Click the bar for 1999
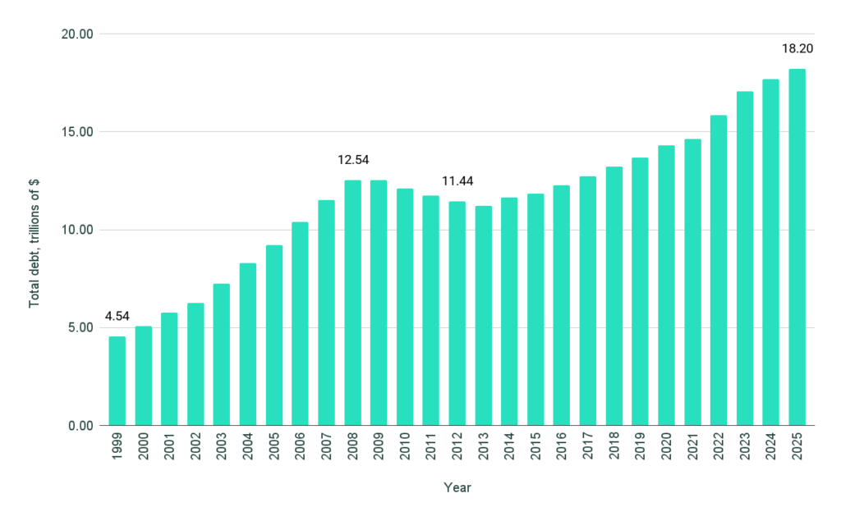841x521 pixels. coord(117,381)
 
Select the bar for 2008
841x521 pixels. coord(352,303)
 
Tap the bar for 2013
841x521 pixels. coord(484,316)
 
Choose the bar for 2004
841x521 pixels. coord(248,345)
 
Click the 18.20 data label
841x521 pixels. coord(797,48)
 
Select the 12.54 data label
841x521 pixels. coord(352,159)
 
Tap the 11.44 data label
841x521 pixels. coord(457,181)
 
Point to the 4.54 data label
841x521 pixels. coord(117,316)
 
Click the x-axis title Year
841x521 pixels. coord(457,487)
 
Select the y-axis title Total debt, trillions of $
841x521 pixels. coord(34,230)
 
